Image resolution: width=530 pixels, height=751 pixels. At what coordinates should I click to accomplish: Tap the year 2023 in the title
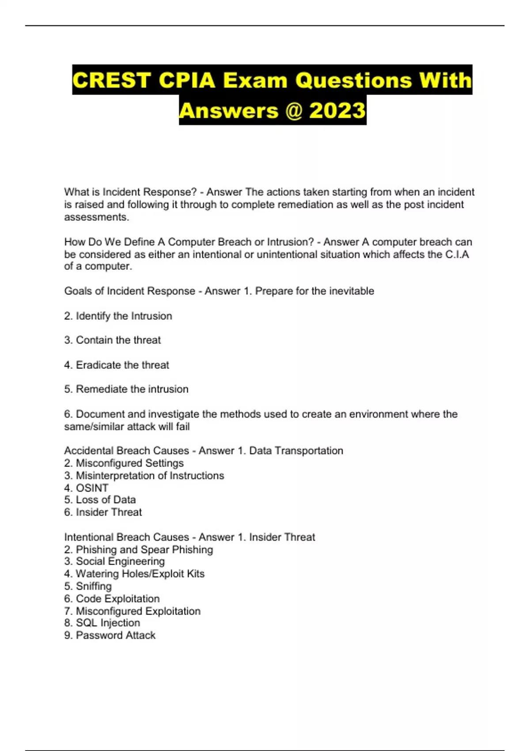tap(337, 110)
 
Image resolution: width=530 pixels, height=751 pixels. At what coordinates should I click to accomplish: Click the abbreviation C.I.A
tap(457, 254)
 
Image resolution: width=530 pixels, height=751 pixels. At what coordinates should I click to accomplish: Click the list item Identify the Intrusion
tap(124, 316)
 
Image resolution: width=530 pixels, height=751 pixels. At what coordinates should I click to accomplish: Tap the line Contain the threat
tap(118, 340)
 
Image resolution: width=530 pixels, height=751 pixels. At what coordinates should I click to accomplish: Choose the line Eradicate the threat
tap(122, 365)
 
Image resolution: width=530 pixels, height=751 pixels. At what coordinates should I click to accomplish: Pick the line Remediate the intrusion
tap(132, 389)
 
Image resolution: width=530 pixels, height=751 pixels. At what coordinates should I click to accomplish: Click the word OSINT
tap(92, 488)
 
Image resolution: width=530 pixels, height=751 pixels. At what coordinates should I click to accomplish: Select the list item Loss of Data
tap(106, 500)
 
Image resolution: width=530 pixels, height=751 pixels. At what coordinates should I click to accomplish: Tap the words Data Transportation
tap(296, 451)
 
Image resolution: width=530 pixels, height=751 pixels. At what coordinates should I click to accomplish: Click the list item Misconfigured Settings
tap(129, 463)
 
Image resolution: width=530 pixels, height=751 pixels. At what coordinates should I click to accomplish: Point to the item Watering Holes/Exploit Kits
tap(140, 574)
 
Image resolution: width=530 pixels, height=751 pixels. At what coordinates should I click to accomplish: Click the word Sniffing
tap(94, 586)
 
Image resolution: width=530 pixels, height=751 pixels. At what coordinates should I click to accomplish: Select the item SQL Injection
tap(108, 623)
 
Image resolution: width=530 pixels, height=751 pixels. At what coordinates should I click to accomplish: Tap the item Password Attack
tap(115, 635)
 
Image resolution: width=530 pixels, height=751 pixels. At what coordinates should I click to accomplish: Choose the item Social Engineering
tap(120, 561)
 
